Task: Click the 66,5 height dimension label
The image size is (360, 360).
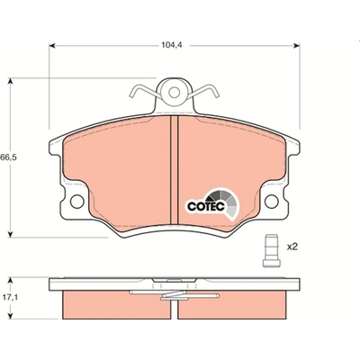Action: point(8,157)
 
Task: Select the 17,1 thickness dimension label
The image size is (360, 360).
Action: point(11,298)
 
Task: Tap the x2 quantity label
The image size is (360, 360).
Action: point(292,247)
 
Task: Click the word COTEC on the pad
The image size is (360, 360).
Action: point(206,206)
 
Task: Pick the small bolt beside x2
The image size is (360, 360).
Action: point(271,251)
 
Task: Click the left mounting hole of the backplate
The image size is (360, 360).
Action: point(77,201)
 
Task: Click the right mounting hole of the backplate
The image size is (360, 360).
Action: point(272,202)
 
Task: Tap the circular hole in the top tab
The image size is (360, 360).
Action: point(174,92)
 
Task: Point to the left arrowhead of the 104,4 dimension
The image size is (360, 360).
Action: point(52,46)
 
